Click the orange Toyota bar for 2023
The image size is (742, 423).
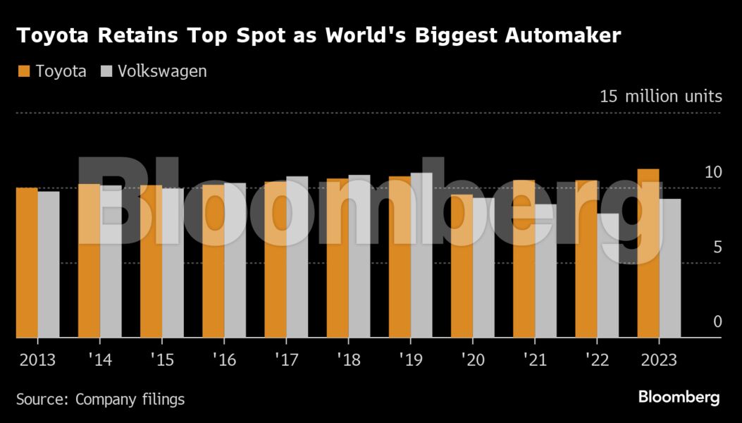click(648, 254)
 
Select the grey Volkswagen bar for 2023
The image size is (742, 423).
click(670, 269)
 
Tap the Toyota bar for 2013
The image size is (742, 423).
click(27, 263)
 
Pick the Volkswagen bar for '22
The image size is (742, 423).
click(608, 276)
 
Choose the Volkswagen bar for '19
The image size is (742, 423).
click(421, 255)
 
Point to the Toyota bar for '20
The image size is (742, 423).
click(462, 266)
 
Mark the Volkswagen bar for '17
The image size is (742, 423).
click(297, 257)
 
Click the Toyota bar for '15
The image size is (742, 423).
click(151, 262)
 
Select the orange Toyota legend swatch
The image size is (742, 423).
click(23, 71)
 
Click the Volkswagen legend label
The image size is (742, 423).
click(162, 71)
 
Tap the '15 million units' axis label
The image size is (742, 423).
click(660, 97)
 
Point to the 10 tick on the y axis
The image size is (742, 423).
click(713, 172)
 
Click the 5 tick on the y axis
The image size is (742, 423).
click(717, 247)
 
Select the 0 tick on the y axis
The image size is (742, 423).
click(717, 322)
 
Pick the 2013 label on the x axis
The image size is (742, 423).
click(37, 360)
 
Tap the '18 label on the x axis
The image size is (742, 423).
click(348, 360)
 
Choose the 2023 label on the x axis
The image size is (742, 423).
click(659, 360)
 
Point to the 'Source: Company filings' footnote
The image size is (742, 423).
click(100, 399)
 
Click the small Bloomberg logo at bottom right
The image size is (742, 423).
click(679, 398)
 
